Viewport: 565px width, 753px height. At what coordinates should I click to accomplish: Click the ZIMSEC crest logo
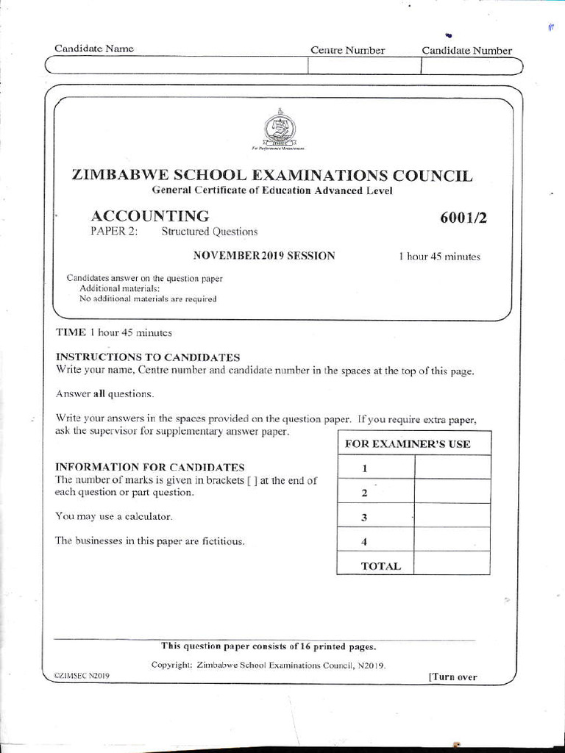[280, 129]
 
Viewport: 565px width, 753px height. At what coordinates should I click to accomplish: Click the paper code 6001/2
[463, 217]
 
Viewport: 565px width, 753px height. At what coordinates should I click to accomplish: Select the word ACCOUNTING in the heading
[149, 215]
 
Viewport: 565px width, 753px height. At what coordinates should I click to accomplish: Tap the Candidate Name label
[94, 49]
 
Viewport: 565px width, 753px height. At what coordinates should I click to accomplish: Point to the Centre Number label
[347, 50]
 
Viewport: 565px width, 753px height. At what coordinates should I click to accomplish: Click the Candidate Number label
[466, 50]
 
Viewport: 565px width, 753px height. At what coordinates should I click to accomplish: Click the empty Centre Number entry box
[363, 66]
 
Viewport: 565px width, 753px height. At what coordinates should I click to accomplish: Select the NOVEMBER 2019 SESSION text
[264, 256]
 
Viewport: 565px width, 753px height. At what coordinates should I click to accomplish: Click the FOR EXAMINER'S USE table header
[413, 444]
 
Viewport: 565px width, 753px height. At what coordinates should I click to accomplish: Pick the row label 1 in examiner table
[364, 468]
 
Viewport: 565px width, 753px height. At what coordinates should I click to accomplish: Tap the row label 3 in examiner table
[364, 517]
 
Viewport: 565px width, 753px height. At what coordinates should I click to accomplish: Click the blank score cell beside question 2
[452, 492]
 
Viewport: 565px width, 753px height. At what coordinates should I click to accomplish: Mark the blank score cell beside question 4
[452, 540]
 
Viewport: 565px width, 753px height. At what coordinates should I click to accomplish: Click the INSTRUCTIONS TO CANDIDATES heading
[148, 357]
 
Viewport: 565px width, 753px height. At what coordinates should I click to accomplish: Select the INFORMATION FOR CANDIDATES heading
[150, 467]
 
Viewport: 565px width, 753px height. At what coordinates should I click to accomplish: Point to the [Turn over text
[452, 677]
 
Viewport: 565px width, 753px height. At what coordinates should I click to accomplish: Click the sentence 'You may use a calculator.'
[114, 516]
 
